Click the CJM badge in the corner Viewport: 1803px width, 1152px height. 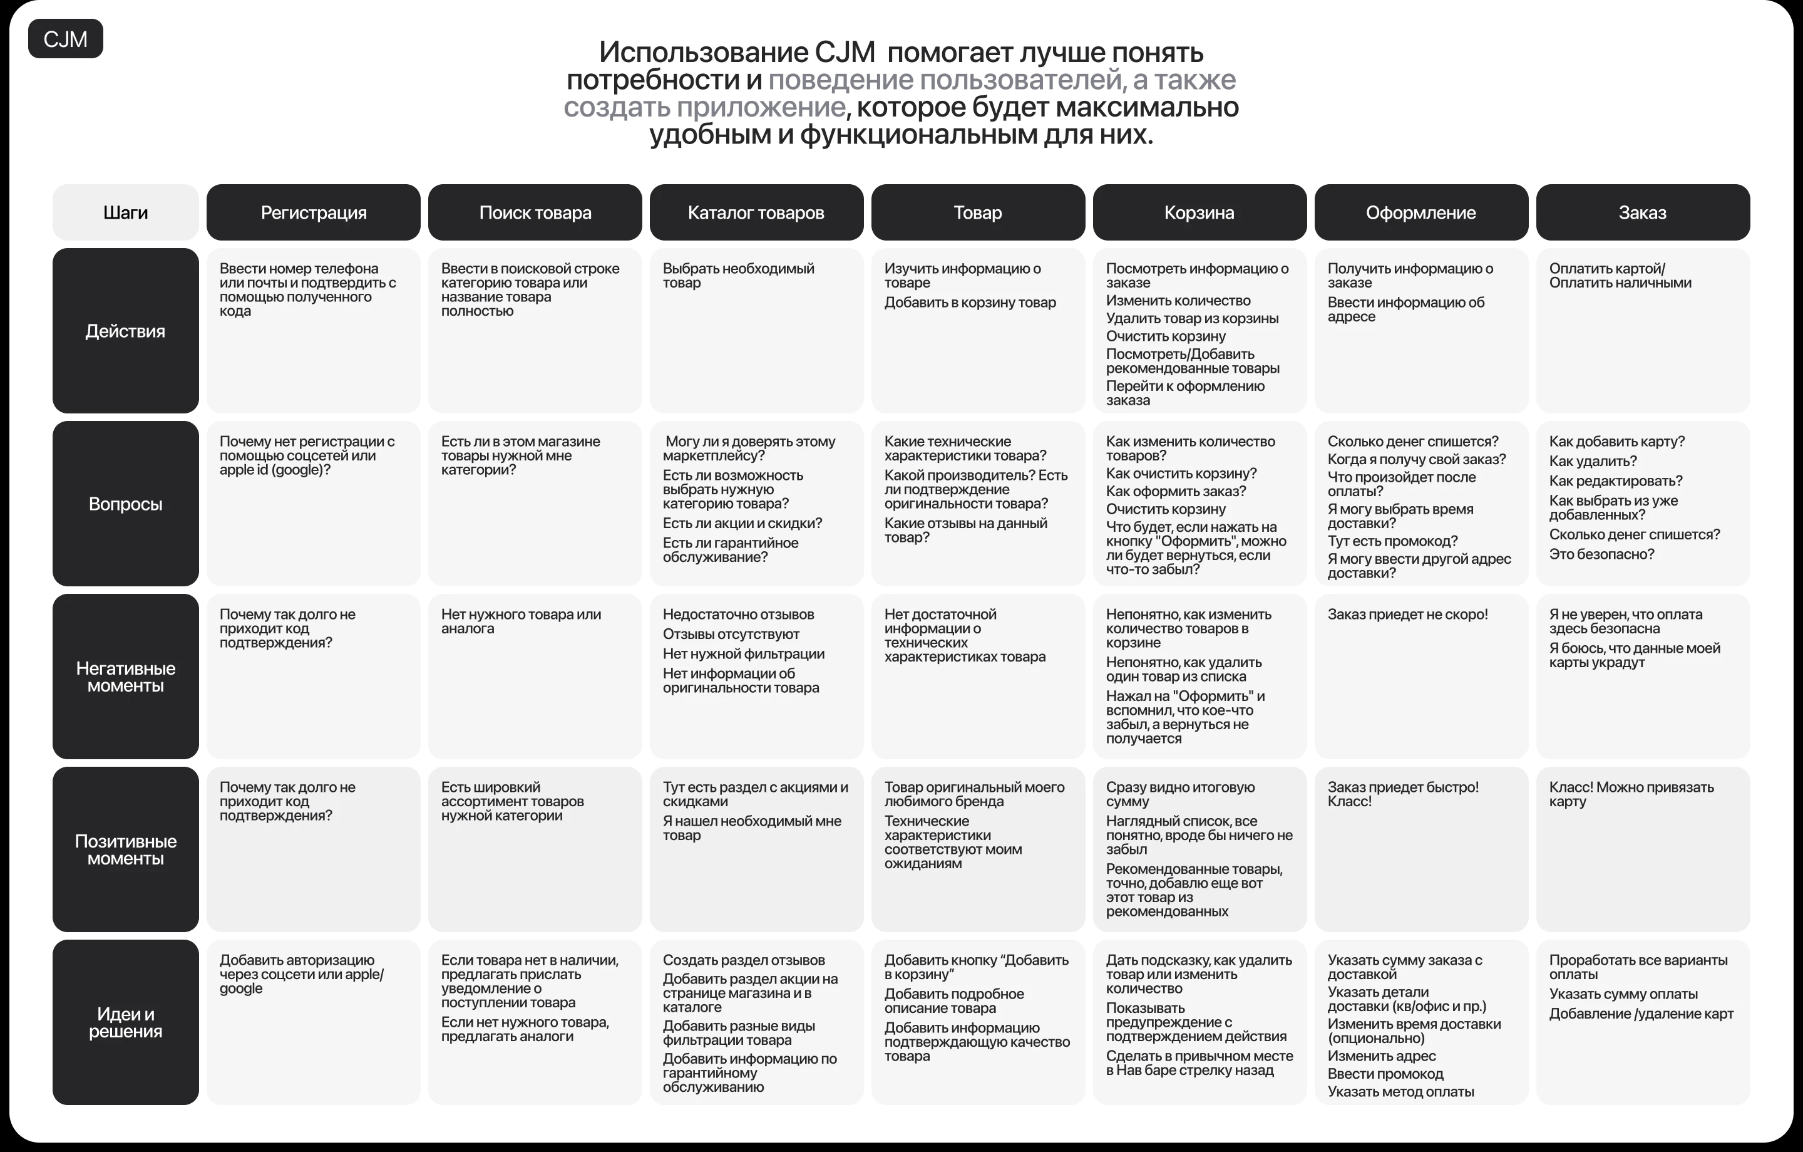pyautogui.click(x=65, y=39)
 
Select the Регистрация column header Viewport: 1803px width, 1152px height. pyautogui.click(x=313, y=213)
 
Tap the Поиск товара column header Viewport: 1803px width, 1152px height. pyautogui.click(x=535, y=213)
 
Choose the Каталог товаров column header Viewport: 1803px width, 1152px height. pyautogui.click(x=756, y=213)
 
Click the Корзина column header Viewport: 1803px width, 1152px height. pyautogui.click(x=1199, y=213)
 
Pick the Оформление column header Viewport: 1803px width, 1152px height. pyautogui.click(x=1420, y=213)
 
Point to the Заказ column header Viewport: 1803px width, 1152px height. pyautogui.click(x=1642, y=213)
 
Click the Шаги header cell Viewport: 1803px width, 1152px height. pyautogui.click(x=125, y=213)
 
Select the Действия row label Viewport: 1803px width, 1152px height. pyautogui.click(x=125, y=331)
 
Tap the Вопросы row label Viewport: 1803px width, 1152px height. pyautogui.click(x=125, y=504)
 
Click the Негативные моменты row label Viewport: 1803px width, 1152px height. pyautogui.click(x=125, y=677)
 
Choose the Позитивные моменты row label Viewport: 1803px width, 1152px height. pyautogui.click(x=125, y=850)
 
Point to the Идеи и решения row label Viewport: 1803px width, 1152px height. pyautogui.click(x=125, y=1022)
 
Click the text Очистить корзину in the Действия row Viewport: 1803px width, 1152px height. pyautogui.click(x=1166, y=336)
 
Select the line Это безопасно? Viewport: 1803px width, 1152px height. pyautogui.click(x=1601, y=554)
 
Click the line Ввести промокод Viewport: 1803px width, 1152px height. pyautogui.click(x=1385, y=1074)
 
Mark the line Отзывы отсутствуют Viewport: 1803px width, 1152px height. pyautogui.click(x=731, y=635)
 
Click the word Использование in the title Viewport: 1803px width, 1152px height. pyautogui.click(x=702, y=53)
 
